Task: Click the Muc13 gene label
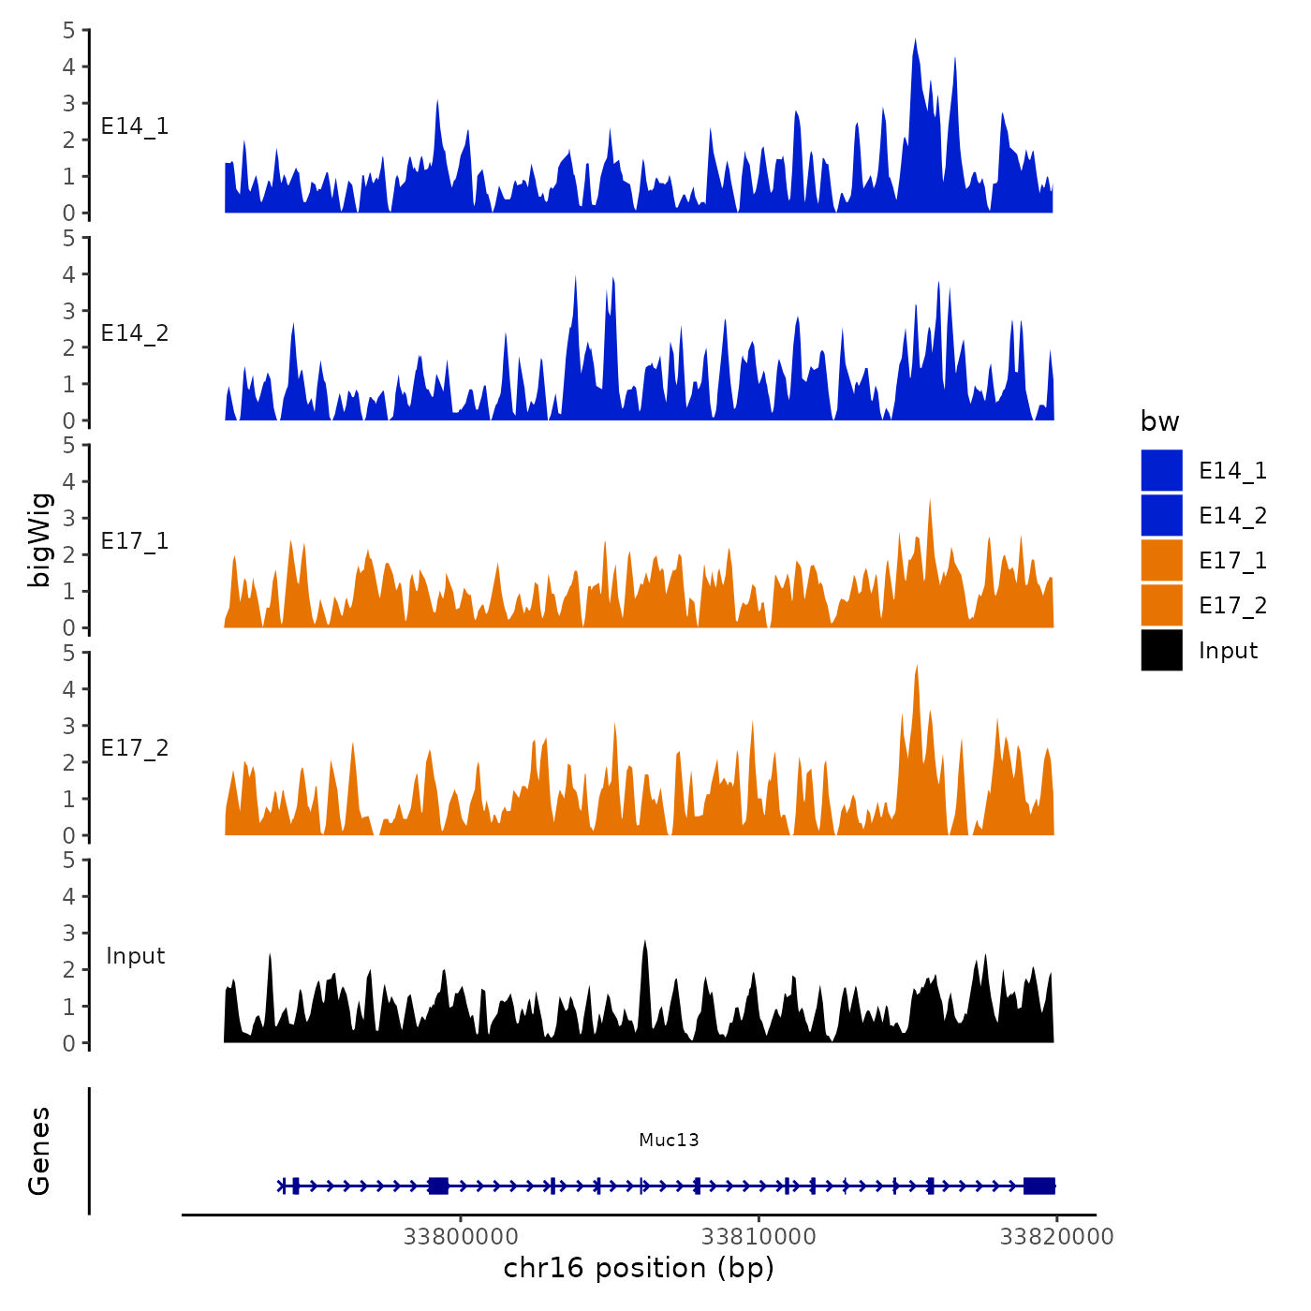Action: [x=669, y=1140]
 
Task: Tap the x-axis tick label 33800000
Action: [x=461, y=1236]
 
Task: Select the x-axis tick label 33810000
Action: [x=759, y=1236]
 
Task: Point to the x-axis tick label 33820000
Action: [x=1056, y=1236]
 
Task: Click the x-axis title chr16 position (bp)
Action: [x=639, y=1268]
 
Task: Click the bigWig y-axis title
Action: [x=39, y=540]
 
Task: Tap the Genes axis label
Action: [x=39, y=1151]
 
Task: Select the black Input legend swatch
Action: [x=1161, y=650]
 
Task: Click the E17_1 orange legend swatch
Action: [x=1161, y=560]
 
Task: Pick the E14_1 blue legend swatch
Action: [x=1161, y=470]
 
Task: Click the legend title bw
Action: [x=1159, y=421]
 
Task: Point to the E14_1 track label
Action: [x=135, y=126]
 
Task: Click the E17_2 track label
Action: [x=135, y=748]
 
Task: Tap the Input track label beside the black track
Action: [x=135, y=956]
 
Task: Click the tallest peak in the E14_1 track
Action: [x=915, y=41]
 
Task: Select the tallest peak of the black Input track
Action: [x=644, y=942]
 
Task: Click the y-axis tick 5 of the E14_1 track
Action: [x=69, y=30]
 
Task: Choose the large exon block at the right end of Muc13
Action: [x=1038, y=1186]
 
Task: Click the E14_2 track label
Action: [x=135, y=333]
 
